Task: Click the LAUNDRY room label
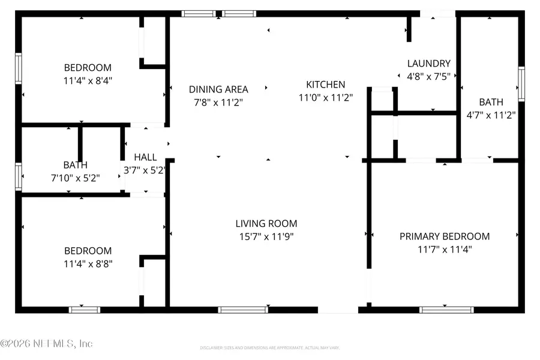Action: [428, 63]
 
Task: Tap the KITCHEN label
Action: [325, 85]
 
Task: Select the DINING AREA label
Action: [218, 89]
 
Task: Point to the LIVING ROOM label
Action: [266, 223]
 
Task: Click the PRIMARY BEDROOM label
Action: [445, 236]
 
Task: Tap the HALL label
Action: [145, 157]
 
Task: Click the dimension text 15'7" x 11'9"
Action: [266, 236]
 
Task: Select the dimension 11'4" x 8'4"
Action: [88, 80]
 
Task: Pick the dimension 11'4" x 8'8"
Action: [88, 263]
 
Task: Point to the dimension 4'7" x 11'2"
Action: [491, 115]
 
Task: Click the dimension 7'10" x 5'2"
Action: [75, 178]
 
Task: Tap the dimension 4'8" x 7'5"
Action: [428, 76]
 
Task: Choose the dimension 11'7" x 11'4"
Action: [445, 249]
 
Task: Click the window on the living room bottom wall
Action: [243, 310]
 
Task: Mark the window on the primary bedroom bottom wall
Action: [446, 310]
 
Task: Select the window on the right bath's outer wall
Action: [521, 83]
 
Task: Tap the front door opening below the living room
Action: [338, 310]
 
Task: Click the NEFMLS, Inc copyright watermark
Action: [47, 344]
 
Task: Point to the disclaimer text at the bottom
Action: [269, 347]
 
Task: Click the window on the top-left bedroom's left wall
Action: [19, 68]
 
